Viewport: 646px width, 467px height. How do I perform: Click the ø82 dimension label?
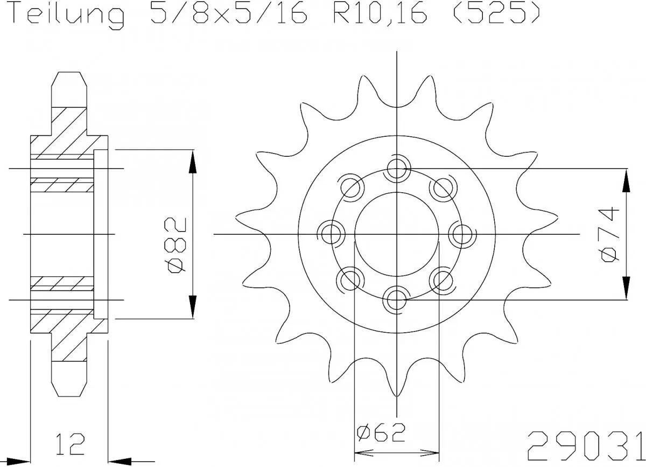pyautogui.click(x=177, y=246)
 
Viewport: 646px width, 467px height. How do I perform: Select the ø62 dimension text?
pyautogui.click(x=380, y=433)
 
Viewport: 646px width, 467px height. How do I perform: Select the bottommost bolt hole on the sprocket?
pyautogui.click(x=397, y=297)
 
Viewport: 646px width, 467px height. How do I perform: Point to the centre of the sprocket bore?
pyautogui.click(x=397, y=234)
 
